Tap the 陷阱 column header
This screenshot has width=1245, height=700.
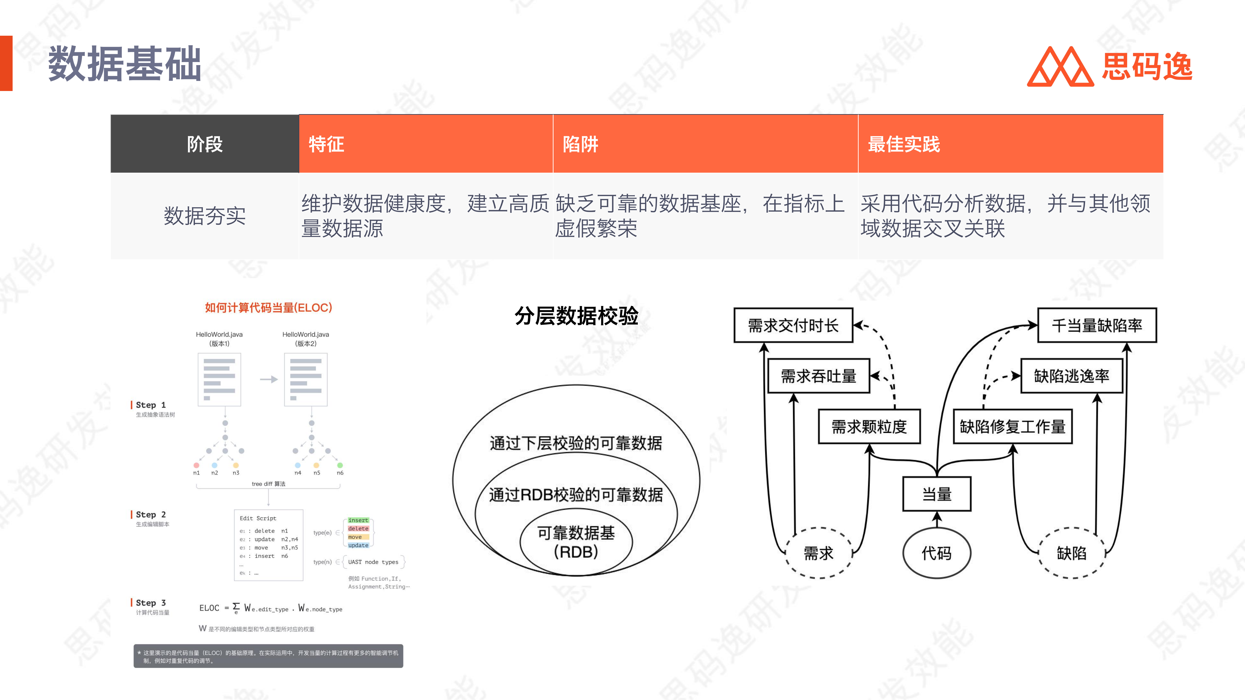tap(580, 144)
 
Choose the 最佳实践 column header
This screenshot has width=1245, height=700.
tap(904, 144)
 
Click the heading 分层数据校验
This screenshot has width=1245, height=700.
tap(576, 316)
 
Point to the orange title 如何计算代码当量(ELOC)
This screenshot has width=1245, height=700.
tap(268, 308)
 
